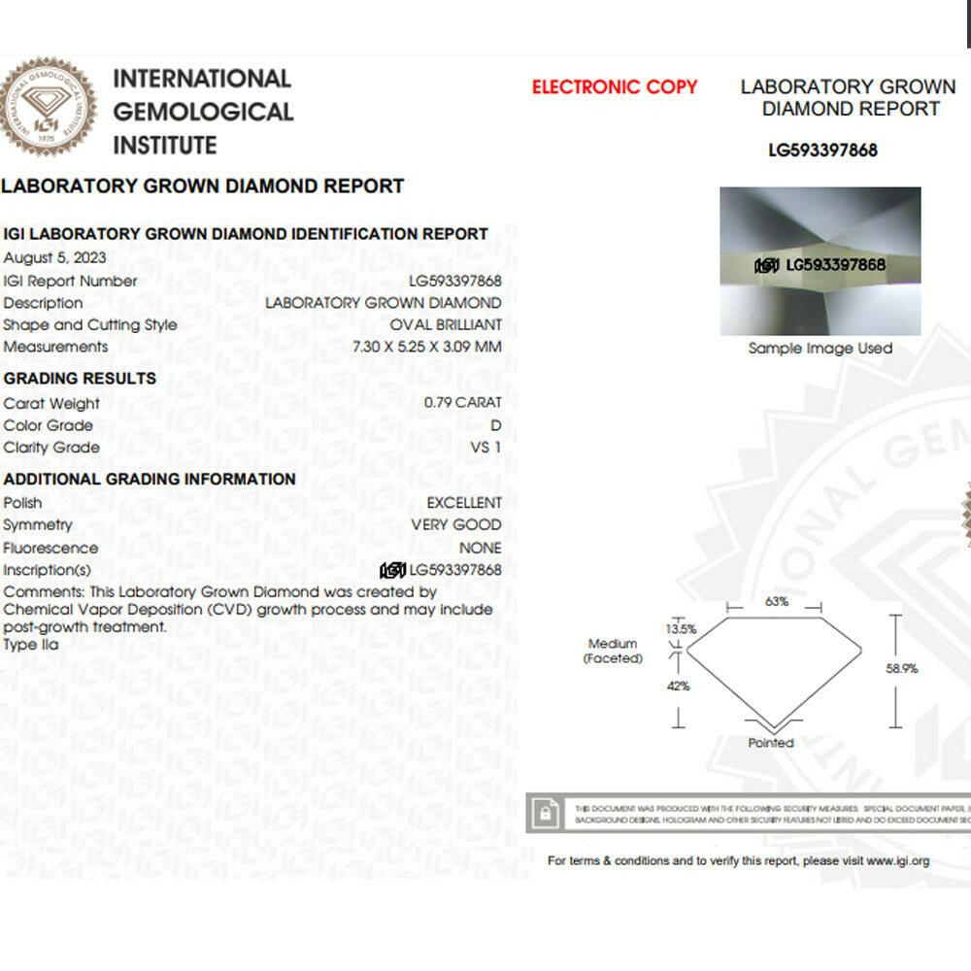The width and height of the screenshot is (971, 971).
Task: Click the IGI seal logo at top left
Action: tap(49, 108)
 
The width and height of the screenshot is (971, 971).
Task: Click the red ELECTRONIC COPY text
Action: tap(615, 86)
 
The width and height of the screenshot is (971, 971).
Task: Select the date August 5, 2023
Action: tap(55, 257)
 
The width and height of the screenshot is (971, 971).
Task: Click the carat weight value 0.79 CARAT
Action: tap(463, 402)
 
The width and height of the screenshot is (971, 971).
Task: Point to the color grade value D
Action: tap(496, 424)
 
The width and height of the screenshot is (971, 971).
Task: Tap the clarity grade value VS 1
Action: tap(485, 447)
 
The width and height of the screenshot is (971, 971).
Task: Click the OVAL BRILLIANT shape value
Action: tap(446, 324)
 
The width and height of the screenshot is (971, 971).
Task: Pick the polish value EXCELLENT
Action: tap(464, 502)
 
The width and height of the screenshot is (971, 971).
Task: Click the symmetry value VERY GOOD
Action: tap(456, 524)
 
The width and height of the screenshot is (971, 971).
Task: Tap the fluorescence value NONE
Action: tap(481, 547)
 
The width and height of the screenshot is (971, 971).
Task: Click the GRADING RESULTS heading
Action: tap(80, 378)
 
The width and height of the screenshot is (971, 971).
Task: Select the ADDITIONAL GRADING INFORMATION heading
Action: tap(150, 479)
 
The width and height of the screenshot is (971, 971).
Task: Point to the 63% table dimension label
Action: tap(777, 601)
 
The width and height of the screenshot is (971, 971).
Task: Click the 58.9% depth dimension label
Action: tap(901, 668)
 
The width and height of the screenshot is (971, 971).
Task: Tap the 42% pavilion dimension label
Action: tap(678, 686)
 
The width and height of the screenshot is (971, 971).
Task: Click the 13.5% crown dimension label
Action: tap(681, 628)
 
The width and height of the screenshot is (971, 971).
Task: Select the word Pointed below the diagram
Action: tap(771, 743)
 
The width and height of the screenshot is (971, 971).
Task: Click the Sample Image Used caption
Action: tap(820, 348)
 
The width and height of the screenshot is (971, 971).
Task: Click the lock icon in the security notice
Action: tap(547, 813)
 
